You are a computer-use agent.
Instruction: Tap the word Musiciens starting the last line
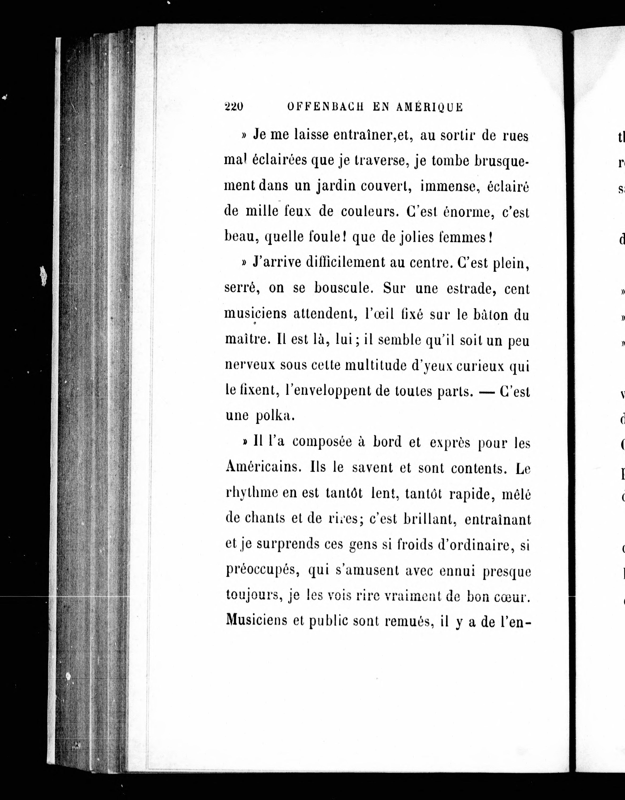click(256, 621)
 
